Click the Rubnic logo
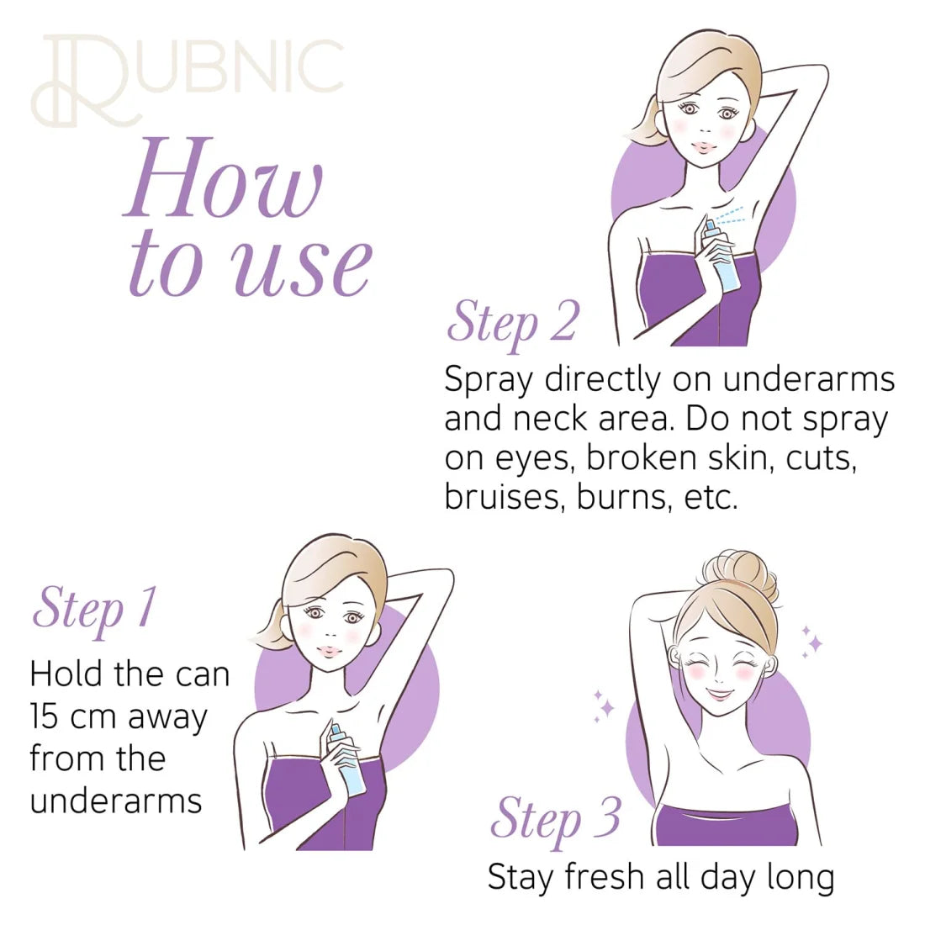point(188,81)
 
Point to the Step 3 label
point(554,821)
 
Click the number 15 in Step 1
point(45,716)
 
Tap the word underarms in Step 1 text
point(116,801)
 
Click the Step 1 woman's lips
point(327,651)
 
